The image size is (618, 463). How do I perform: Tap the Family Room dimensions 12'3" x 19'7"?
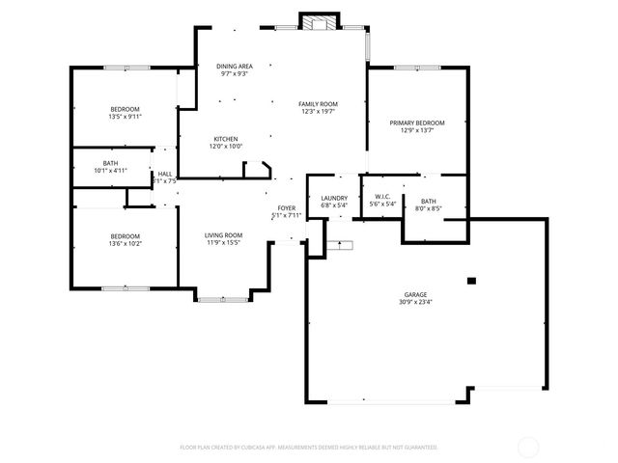coord(317,112)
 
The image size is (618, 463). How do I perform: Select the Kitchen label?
coord(226,139)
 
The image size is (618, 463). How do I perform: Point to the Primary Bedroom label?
coord(417,123)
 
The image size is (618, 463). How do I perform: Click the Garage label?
coord(416,294)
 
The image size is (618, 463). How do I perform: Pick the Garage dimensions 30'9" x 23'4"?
coord(416,302)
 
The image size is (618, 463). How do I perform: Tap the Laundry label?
coord(334,197)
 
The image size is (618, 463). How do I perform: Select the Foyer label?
coord(287,207)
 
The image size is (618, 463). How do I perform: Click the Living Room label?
coord(223,235)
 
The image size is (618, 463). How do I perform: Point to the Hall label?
coord(165,174)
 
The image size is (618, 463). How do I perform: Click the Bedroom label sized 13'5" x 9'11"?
coord(125,108)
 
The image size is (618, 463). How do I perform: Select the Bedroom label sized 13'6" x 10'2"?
coord(125,236)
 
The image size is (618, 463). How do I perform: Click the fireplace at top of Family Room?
coord(319,21)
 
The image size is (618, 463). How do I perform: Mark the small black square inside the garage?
coord(471,281)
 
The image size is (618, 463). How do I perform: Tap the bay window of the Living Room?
coord(223,299)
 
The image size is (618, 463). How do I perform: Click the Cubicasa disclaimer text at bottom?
coord(309,447)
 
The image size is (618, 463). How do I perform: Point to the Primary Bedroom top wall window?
coord(417,68)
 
